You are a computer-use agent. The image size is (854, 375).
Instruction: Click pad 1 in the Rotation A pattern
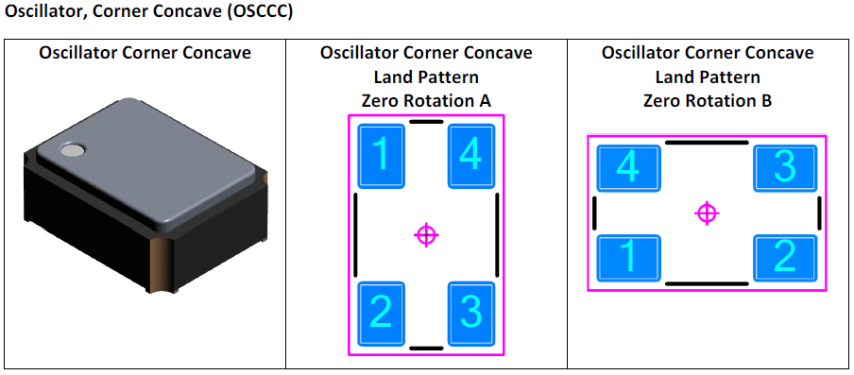click(x=382, y=155)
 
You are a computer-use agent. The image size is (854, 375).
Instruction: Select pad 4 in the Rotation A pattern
click(x=470, y=155)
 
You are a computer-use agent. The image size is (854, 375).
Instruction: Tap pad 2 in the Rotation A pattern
click(x=382, y=313)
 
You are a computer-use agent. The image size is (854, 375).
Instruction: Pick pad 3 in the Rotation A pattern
click(x=470, y=313)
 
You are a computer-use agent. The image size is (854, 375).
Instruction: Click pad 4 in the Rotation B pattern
click(x=628, y=168)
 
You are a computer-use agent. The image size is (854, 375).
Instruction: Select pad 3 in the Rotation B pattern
click(x=785, y=168)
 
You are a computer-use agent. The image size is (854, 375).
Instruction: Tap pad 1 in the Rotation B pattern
click(x=628, y=256)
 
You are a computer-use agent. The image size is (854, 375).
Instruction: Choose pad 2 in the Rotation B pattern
click(x=785, y=256)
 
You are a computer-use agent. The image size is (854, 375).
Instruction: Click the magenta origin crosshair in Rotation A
click(x=426, y=234)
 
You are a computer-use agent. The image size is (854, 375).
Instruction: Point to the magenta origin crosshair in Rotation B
click(x=707, y=213)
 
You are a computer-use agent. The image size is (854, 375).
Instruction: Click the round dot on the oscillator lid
click(x=72, y=148)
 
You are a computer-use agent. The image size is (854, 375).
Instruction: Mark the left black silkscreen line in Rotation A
click(x=356, y=234)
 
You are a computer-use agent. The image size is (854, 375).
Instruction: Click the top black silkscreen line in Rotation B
click(x=707, y=143)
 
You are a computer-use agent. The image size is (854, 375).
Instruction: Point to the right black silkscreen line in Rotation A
click(x=497, y=234)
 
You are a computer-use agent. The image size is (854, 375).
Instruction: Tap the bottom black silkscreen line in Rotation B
click(x=707, y=283)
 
